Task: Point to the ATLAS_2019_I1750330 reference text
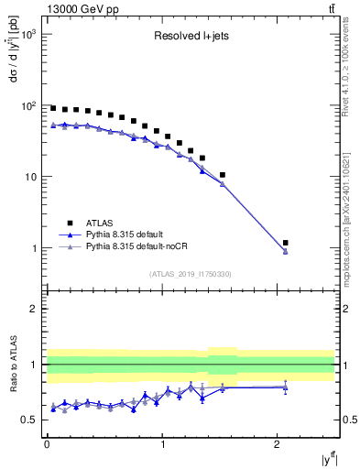click(x=191, y=274)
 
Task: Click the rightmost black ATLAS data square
click(x=286, y=243)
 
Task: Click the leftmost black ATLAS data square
click(x=53, y=108)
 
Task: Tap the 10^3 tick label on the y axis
click(x=29, y=34)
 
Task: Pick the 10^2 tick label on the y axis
click(x=29, y=105)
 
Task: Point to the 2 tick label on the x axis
click(x=278, y=445)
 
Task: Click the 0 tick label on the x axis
click(x=47, y=445)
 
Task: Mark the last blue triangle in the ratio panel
click(x=286, y=387)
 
